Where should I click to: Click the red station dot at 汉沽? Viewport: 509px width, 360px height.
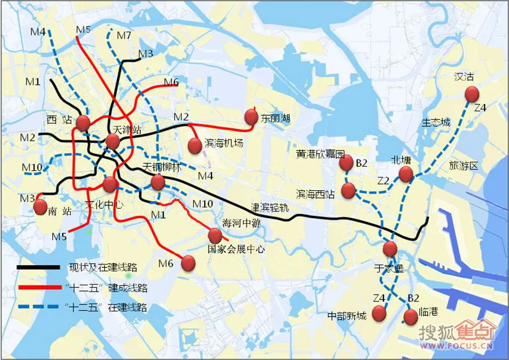[x=471, y=94]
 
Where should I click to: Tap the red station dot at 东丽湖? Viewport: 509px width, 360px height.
[x=251, y=117]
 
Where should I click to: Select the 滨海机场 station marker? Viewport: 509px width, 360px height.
[x=195, y=146]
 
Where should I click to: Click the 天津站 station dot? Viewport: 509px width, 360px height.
[x=113, y=142]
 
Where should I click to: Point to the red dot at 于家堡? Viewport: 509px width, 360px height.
[x=390, y=249]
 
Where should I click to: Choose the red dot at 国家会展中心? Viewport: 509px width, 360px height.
[x=215, y=236]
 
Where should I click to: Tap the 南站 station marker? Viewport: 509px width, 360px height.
[x=40, y=207]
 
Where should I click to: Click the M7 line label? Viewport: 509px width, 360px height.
[x=124, y=36]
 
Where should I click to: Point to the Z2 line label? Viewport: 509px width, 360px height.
[x=384, y=180]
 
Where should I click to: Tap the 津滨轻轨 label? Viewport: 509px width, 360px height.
[x=270, y=207]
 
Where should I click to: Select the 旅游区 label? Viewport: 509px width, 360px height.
[x=464, y=166]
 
